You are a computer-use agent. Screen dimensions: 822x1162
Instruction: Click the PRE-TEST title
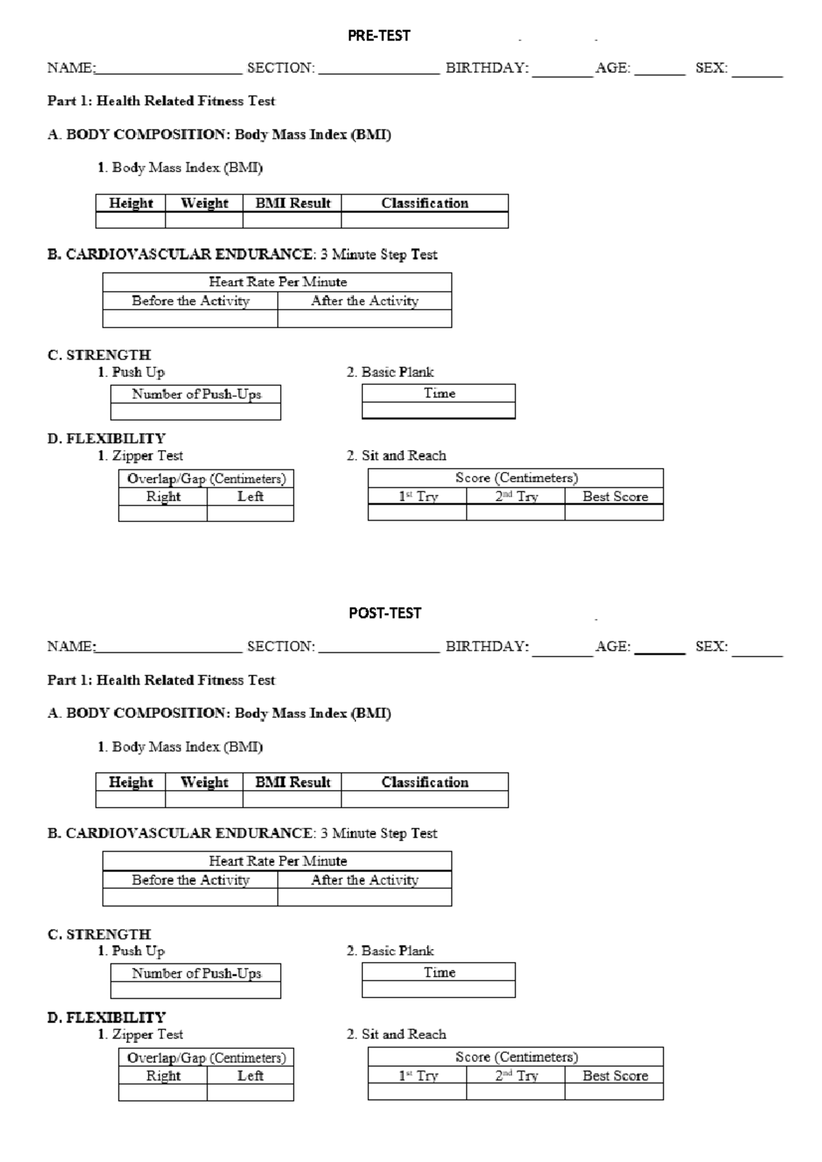click(379, 36)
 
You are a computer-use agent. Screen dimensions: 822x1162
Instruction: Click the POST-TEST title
click(385, 613)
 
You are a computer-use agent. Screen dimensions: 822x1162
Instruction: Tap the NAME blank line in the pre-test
click(169, 74)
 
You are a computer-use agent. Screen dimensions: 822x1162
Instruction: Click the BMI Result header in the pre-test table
click(292, 203)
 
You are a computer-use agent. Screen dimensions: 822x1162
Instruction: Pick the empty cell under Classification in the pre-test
click(425, 220)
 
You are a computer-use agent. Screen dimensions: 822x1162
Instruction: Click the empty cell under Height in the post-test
click(131, 799)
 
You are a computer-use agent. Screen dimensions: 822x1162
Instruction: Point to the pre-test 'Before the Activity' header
click(190, 300)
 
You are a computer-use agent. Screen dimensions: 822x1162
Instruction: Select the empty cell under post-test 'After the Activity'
click(364, 897)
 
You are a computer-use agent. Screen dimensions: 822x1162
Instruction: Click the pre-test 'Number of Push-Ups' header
click(196, 394)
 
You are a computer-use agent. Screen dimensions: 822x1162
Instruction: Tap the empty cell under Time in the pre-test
click(439, 410)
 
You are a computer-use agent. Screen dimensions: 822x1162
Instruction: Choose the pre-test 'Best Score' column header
click(615, 497)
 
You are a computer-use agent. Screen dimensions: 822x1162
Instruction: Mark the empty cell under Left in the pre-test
click(251, 513)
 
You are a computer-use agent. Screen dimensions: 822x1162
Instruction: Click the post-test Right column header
click(163, 1076)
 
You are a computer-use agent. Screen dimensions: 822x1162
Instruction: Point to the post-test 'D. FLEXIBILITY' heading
click(106, 1017)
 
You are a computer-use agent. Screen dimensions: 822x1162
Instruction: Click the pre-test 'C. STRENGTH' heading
click(99, 355)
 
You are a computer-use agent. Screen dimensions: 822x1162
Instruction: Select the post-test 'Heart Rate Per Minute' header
click(277, 861)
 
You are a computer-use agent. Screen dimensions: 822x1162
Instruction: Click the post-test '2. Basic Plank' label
click(390, 950)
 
